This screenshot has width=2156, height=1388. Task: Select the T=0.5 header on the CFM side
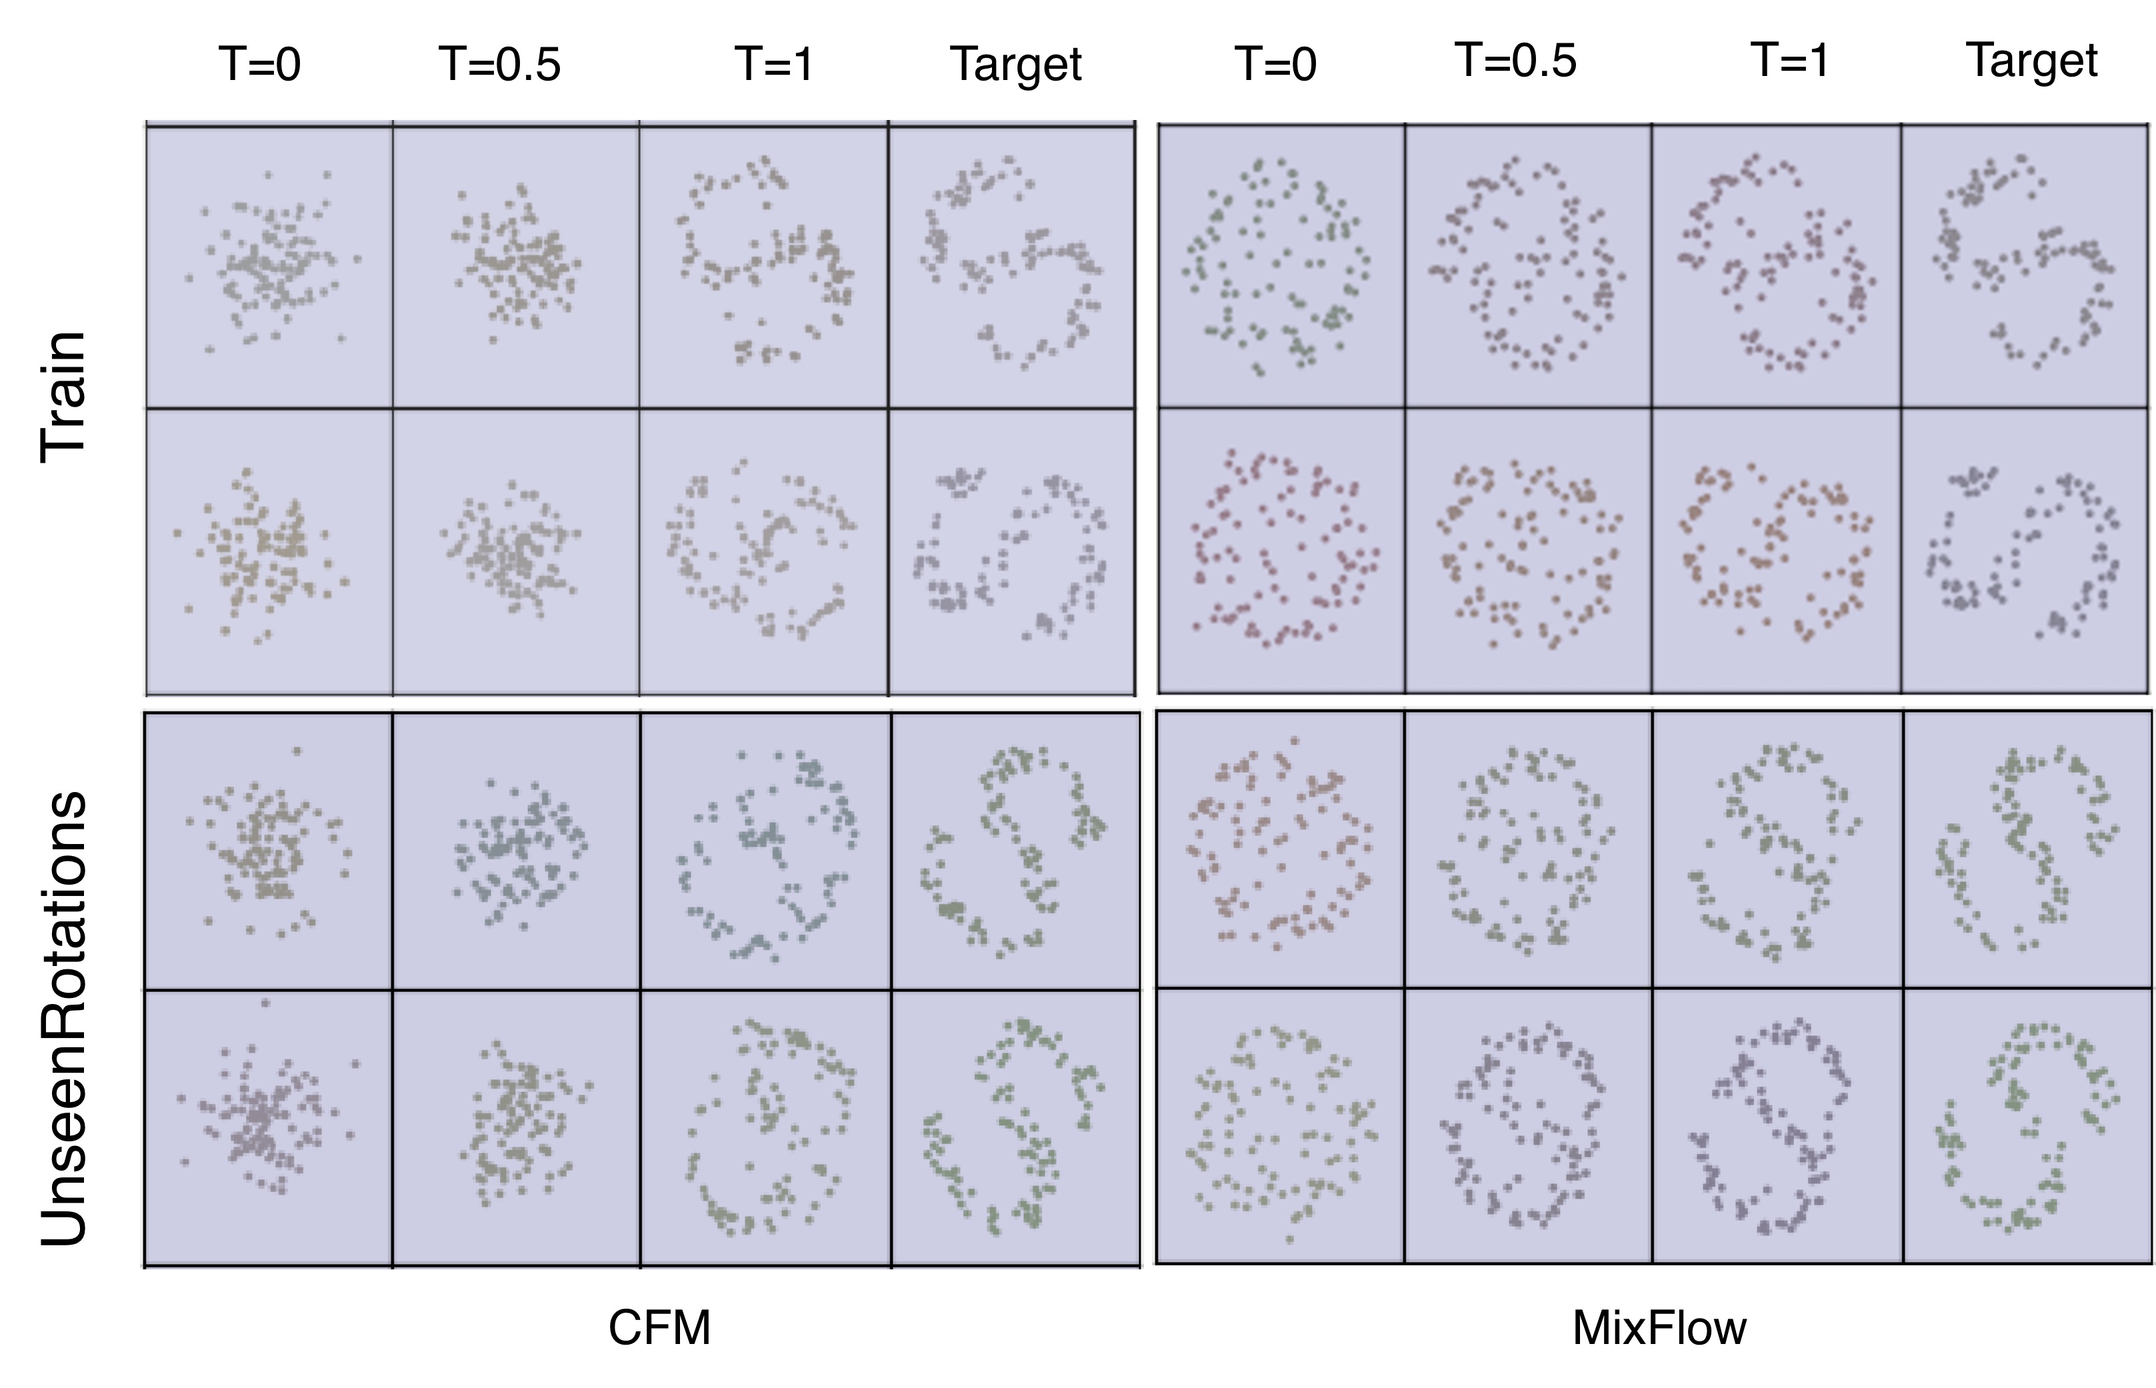[500, 65]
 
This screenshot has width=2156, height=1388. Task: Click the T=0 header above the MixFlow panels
[1275, 65]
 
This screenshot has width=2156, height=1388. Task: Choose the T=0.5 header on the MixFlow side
[1517, 61]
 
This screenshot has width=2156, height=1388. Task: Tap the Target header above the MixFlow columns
[2031, 62]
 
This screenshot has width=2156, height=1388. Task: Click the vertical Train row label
[63, 397]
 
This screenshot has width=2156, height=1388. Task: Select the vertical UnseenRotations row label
[63, 1019]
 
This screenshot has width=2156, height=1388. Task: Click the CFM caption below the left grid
[660, 1327]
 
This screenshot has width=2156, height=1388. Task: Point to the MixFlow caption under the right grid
[1659, 1327]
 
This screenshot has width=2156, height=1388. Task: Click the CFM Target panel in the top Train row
[1011, 267]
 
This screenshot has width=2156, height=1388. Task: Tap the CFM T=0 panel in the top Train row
[269, 267]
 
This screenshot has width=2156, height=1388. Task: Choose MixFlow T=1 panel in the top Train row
[1775, 267]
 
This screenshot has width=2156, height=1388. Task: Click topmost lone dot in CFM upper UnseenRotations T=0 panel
[297, 751]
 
